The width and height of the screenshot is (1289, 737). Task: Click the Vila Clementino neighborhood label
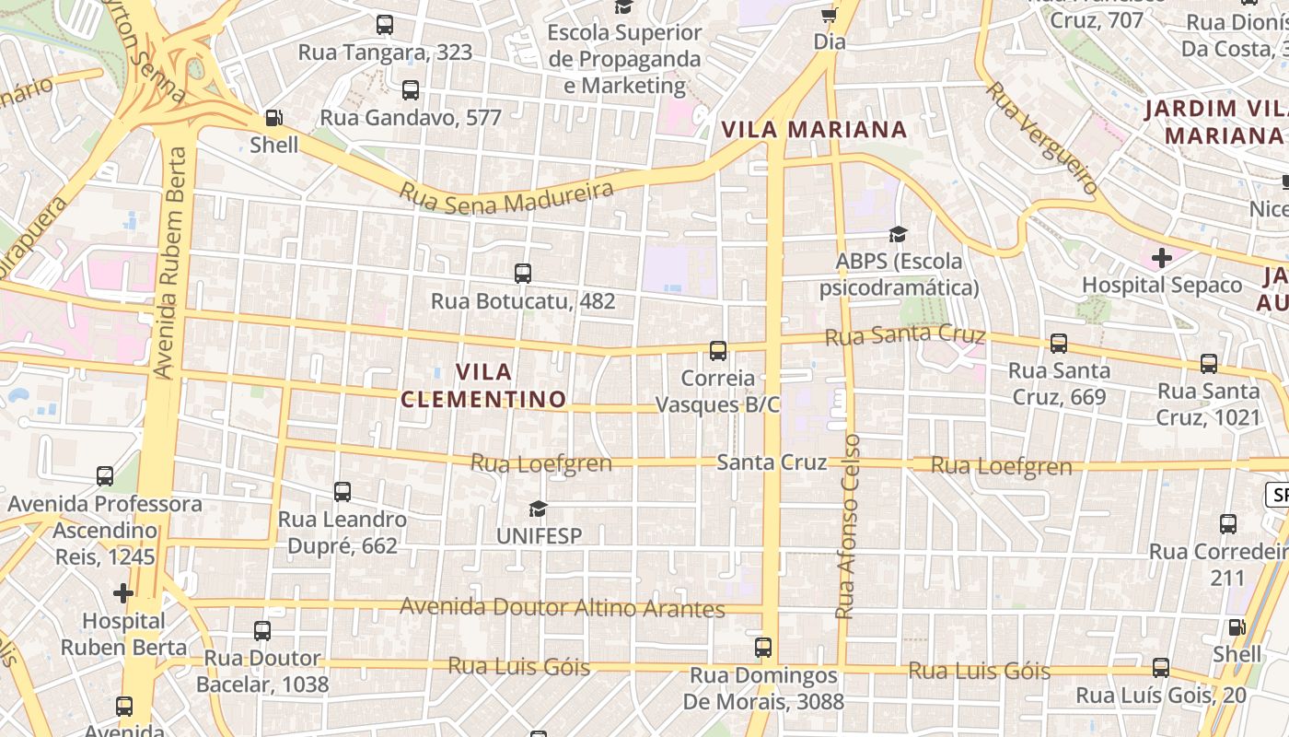tap(483, 385)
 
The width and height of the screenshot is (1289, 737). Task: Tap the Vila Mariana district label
tap(814, 129)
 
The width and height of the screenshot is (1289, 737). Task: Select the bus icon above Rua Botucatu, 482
tap(523, 274)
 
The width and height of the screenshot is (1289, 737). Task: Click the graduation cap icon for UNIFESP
tap(538, 509)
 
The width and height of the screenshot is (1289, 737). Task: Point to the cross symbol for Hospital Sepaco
tap(1161, 258)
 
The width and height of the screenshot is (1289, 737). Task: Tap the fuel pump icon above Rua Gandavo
tap(273, 118)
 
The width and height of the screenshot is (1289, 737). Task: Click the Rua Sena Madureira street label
tap(506, 195)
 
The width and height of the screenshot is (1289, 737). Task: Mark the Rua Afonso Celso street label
tap(847, 525)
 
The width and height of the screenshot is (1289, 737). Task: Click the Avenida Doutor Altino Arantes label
tap(563, 608)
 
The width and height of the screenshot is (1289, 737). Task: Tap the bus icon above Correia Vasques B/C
tap(718, 351)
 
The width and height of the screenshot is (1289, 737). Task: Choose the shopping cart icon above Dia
tap(829, 15)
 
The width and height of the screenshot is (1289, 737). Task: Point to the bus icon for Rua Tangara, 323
tap(385, 25)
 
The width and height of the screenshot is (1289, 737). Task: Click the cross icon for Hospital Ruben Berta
tap(122, 592)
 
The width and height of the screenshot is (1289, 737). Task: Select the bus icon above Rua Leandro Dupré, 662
tap(343, 492)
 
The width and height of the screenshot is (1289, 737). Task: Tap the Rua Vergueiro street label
tap(1042, 138)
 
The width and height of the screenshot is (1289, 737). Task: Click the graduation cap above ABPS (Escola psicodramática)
tap(898, 234)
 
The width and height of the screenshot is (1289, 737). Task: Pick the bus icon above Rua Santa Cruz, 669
tap(1059, 344)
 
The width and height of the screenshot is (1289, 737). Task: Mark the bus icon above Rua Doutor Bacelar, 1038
tap(262, 631)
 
